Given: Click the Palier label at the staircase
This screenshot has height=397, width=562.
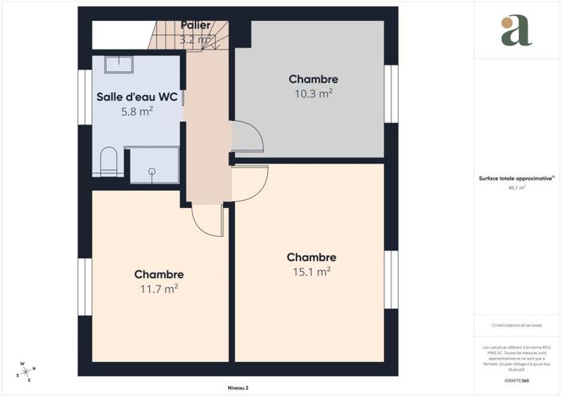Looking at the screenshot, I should click(195, 26).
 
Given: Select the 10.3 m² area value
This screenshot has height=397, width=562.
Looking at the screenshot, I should click(313, 93).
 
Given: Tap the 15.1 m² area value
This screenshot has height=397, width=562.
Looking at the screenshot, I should click(312, 272).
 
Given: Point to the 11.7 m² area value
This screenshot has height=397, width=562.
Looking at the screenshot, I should click(159, 289).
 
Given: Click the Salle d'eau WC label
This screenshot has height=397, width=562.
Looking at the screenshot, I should click(136, 97).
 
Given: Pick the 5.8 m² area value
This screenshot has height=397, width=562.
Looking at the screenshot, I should click(136, 112).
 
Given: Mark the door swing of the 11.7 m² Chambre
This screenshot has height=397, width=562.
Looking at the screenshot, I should click(209, 220).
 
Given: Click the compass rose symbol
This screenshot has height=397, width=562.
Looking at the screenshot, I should click(26, 371).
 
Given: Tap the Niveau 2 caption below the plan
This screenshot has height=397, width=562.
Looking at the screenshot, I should click(238, 387).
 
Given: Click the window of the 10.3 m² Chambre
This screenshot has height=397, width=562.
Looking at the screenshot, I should click(391, 93).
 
